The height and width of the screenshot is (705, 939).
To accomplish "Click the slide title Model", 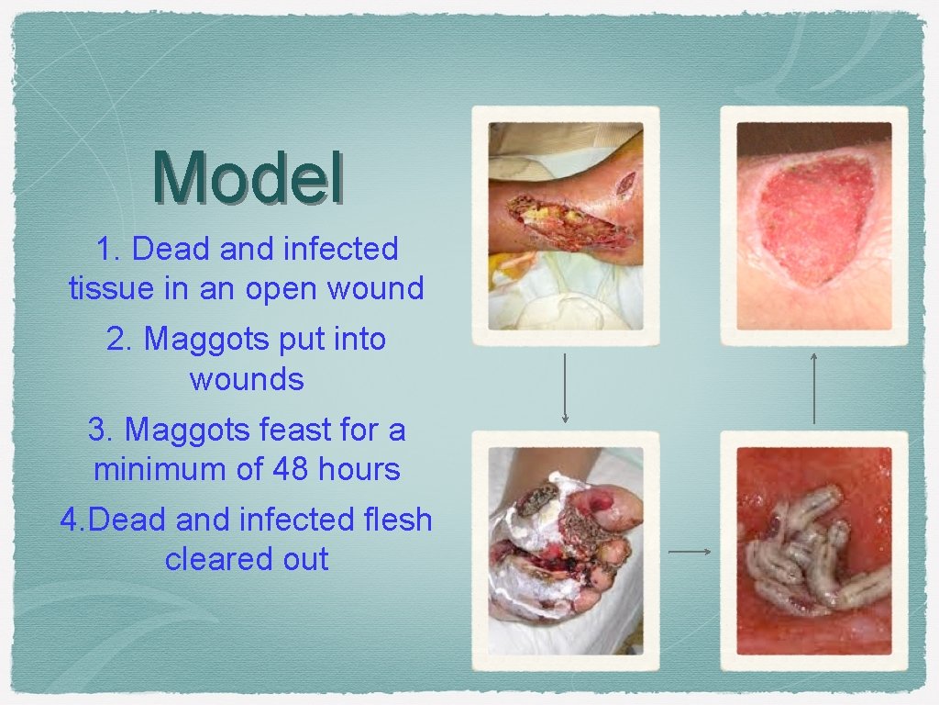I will (248, 177).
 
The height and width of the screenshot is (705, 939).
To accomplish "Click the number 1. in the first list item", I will (111, 249).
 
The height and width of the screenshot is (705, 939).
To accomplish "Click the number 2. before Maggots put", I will (121, 339).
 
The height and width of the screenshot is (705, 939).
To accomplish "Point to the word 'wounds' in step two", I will (247, 378).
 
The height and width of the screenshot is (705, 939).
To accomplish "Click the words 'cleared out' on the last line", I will (247, 559).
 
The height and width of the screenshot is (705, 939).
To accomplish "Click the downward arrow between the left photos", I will (565, 389).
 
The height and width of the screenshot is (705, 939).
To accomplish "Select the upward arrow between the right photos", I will (813, 387).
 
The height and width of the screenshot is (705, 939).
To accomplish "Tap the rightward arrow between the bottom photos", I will (690, 552).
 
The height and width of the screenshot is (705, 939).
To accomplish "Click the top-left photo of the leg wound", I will (565, 225).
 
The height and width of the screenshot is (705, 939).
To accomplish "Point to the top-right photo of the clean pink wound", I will (814, 225).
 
